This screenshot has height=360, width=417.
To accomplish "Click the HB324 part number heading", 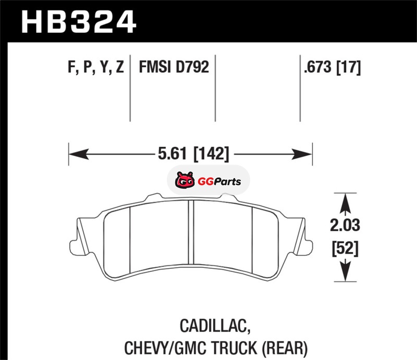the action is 79,22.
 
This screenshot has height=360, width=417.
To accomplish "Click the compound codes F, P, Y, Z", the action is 96,67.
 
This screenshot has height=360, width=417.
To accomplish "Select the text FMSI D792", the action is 174,67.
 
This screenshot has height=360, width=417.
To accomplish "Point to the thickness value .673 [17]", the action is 333,67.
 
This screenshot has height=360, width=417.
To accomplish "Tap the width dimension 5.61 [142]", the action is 193,154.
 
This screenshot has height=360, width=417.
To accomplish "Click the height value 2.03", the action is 345,225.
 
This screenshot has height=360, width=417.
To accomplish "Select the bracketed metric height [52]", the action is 345,249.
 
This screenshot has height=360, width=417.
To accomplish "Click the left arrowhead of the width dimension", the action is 79,154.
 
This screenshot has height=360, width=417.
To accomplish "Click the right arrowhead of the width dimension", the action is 302,154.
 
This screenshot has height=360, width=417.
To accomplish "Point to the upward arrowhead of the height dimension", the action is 345,203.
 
